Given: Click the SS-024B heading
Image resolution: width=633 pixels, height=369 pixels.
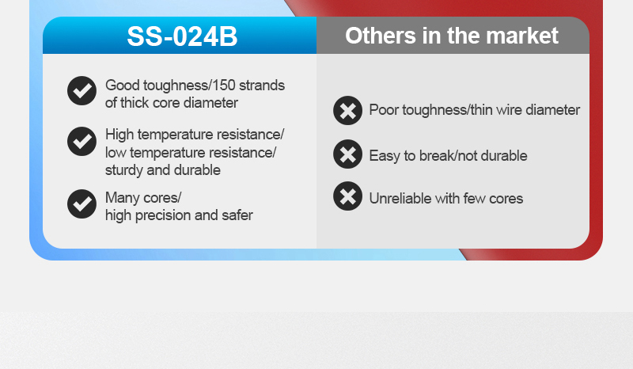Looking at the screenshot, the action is [x=182, y=36].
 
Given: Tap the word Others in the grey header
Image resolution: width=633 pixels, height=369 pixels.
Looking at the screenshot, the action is [x=381, y=36].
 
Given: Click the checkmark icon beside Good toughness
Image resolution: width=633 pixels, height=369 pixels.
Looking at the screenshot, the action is [x=82, y=90].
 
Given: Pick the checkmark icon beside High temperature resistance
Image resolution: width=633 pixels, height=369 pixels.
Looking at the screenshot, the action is [x=82, y=141].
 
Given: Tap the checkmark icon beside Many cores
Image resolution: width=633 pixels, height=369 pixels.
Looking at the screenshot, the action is [x=82, y=204].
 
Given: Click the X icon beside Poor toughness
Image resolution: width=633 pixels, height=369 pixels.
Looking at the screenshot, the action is [x=347, y=110].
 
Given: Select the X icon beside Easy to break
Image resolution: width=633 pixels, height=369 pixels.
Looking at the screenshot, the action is [x=347, y=154].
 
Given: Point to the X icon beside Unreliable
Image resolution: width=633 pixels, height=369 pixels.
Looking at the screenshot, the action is [x=347, y=196].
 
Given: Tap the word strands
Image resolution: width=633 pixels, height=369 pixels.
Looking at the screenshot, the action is [x=262, y=86].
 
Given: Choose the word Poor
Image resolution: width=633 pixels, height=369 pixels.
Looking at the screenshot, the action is [x=384, y=110].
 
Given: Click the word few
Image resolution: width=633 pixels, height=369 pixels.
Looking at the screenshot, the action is [x=474, y=199].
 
